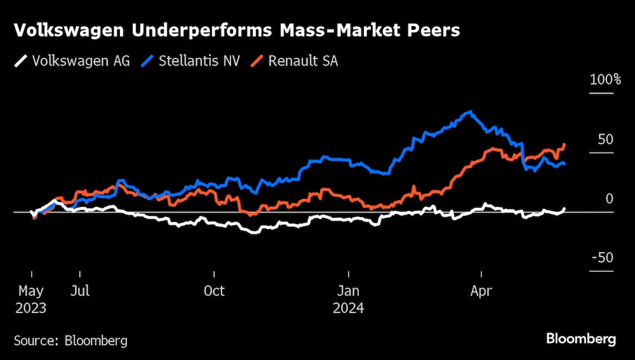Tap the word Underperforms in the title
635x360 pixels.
tap(173, 30)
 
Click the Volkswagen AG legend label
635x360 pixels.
tap(81, 62)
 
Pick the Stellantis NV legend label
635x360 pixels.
tap(199, 62)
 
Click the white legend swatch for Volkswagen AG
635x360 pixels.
tap(21, 62)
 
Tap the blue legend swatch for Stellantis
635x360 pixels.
tap(147, 62)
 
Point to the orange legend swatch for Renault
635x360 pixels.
tap(257, 62)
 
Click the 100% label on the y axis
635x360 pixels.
tap(605, 80)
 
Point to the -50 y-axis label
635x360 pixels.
tap(603, 258)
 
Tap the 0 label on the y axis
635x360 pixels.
tap(610, 199)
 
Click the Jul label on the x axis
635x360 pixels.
tap(80, 291)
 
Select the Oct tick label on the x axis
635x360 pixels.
tap(214, 291)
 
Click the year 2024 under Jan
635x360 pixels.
tap(348, 308)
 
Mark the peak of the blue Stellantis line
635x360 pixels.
tap(469, 112)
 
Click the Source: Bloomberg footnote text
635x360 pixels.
tap(70, 340)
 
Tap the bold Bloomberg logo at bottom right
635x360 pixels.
tap(581, 339)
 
